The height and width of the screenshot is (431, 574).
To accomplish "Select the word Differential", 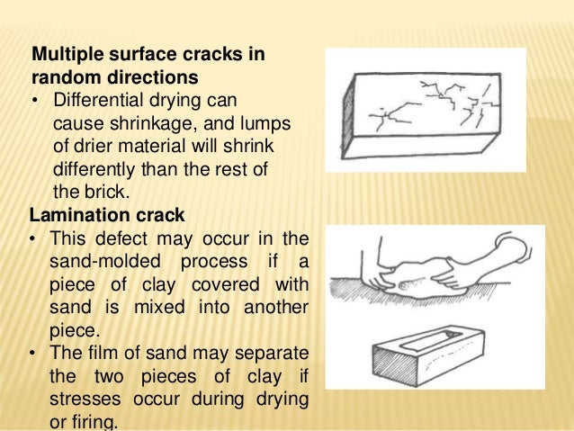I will point(94,99).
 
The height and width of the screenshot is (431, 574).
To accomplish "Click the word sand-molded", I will point(107,263).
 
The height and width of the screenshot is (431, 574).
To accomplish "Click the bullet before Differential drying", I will point(37,99).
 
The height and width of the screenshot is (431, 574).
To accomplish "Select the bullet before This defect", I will point(37,238).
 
